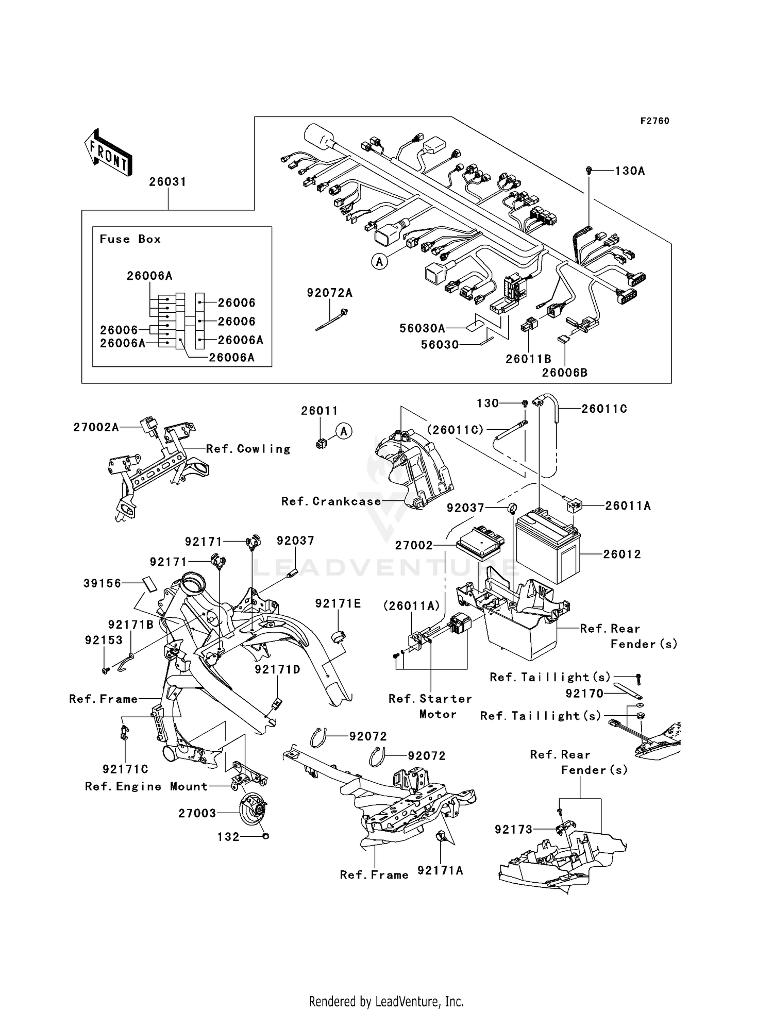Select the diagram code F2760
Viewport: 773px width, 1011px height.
654,121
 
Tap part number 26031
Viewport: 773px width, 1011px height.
167,182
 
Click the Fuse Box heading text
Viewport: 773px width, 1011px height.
130,239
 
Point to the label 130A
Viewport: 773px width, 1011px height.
630,171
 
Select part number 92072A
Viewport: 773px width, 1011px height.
329,293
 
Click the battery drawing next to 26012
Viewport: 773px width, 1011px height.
548,546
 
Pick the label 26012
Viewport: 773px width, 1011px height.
622,554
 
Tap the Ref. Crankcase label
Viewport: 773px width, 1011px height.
331,501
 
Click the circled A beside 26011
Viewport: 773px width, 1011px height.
344,431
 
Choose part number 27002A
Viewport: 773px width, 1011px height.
96,427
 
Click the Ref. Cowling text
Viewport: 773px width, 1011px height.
248,449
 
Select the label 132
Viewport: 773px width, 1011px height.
228,837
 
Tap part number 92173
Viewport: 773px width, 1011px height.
513,830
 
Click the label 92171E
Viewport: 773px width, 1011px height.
338,603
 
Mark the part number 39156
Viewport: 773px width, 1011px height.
102,583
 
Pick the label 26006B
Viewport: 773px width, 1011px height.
564,373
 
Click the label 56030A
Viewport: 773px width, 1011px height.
422,328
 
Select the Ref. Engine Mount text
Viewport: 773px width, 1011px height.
146,786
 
